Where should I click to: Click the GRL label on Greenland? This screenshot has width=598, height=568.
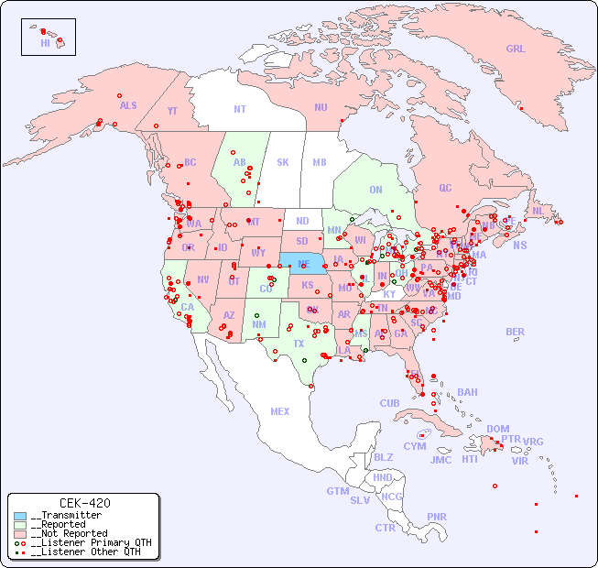(516, 49)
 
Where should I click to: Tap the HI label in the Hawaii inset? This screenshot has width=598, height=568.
(45, 43)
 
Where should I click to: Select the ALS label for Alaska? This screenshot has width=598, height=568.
(128, 106)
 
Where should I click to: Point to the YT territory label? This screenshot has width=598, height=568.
(172, 111)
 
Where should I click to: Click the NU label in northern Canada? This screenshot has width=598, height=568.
(321, 108)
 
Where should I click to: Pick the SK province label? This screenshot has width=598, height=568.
(283, 163)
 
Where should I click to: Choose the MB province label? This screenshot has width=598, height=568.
(320, 163)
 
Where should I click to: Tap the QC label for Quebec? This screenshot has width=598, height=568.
(445, 189)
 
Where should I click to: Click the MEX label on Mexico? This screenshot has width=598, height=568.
(280, 412)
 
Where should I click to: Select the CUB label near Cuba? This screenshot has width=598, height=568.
(389, 404)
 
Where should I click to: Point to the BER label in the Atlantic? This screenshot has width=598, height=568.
(516, 333)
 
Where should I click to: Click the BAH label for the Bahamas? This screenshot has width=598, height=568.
(467, 393)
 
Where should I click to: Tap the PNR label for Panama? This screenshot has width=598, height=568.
(437, 517)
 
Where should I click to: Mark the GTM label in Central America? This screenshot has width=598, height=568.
(337, 492)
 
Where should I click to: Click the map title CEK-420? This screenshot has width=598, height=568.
(85, 503)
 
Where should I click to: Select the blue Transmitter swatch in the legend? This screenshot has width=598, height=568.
(20, 516)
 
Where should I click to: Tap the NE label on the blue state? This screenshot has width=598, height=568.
(303, 263)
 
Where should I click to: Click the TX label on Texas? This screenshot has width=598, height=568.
(299, 344)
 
